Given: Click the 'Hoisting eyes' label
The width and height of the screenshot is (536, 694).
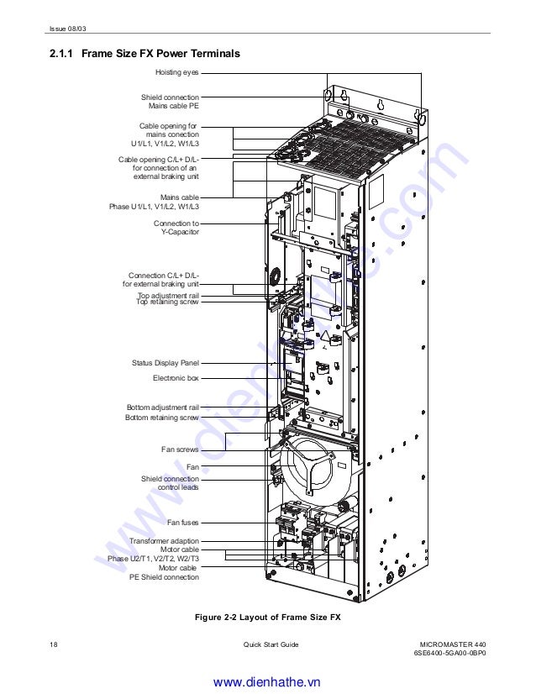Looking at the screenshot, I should point(176,73).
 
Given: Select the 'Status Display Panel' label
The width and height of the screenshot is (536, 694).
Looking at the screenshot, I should point(166,363).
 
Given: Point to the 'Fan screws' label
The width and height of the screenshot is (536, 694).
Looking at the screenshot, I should point(180,450).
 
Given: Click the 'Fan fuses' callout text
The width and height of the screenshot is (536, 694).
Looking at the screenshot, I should point(182,523).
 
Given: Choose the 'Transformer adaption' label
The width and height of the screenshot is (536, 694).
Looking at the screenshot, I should point(164,541).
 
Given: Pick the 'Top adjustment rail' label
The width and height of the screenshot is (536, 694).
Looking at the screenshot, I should point(168,295).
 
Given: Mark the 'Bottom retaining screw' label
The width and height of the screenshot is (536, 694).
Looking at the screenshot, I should point(162,418).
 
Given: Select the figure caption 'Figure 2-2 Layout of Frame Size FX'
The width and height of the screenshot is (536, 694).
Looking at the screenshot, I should point(267,618).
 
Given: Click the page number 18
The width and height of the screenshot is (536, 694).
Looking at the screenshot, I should point(54,644).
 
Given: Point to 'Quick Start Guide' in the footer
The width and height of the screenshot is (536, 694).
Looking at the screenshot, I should point(271,644).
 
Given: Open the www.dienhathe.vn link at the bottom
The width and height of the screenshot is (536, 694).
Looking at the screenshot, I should point(267,681).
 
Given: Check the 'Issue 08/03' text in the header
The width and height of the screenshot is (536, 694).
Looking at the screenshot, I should point(67,31).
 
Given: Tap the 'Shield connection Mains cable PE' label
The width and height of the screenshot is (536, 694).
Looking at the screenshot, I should point(170,103).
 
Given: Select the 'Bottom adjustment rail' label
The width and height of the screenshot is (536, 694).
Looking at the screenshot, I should point(163,407).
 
